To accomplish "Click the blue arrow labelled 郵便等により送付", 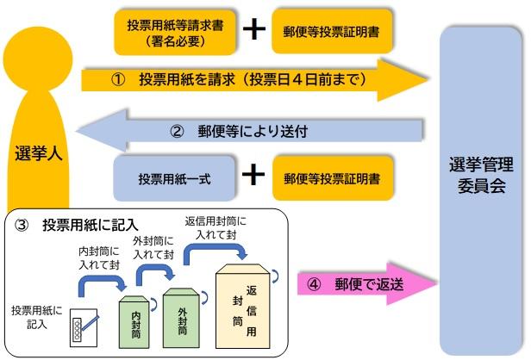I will (250, 132).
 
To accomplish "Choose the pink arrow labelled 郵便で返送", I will (362, 284).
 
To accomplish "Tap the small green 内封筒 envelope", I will (136, 321).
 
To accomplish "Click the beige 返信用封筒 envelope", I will (247, 306).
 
